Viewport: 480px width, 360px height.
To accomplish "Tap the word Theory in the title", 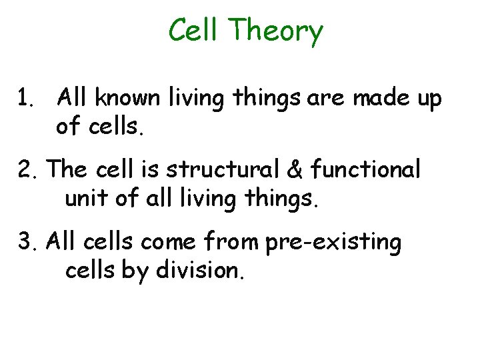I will coord(275,32).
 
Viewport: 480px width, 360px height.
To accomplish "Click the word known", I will coord(126,99).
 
